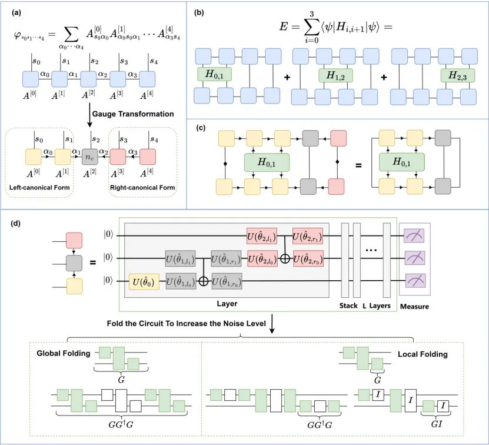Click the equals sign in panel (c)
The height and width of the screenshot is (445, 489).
pyautogui.click(x=358, y=165)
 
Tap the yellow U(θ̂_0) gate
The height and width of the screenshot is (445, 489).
pyautogui.click(x=145, y=282)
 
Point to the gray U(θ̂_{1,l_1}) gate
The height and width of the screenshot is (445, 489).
pyautogui.click(x=180, y=258)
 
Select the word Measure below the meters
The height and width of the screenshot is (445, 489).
pyautogui.click(x=415, y=307)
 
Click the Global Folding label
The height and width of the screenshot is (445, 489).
pyautogui.click(x=64, y=354)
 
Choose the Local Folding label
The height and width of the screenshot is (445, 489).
pyautogui.click(x=422, y=354)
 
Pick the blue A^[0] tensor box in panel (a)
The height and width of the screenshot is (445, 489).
pyautogui.click(x=31, y=79)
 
